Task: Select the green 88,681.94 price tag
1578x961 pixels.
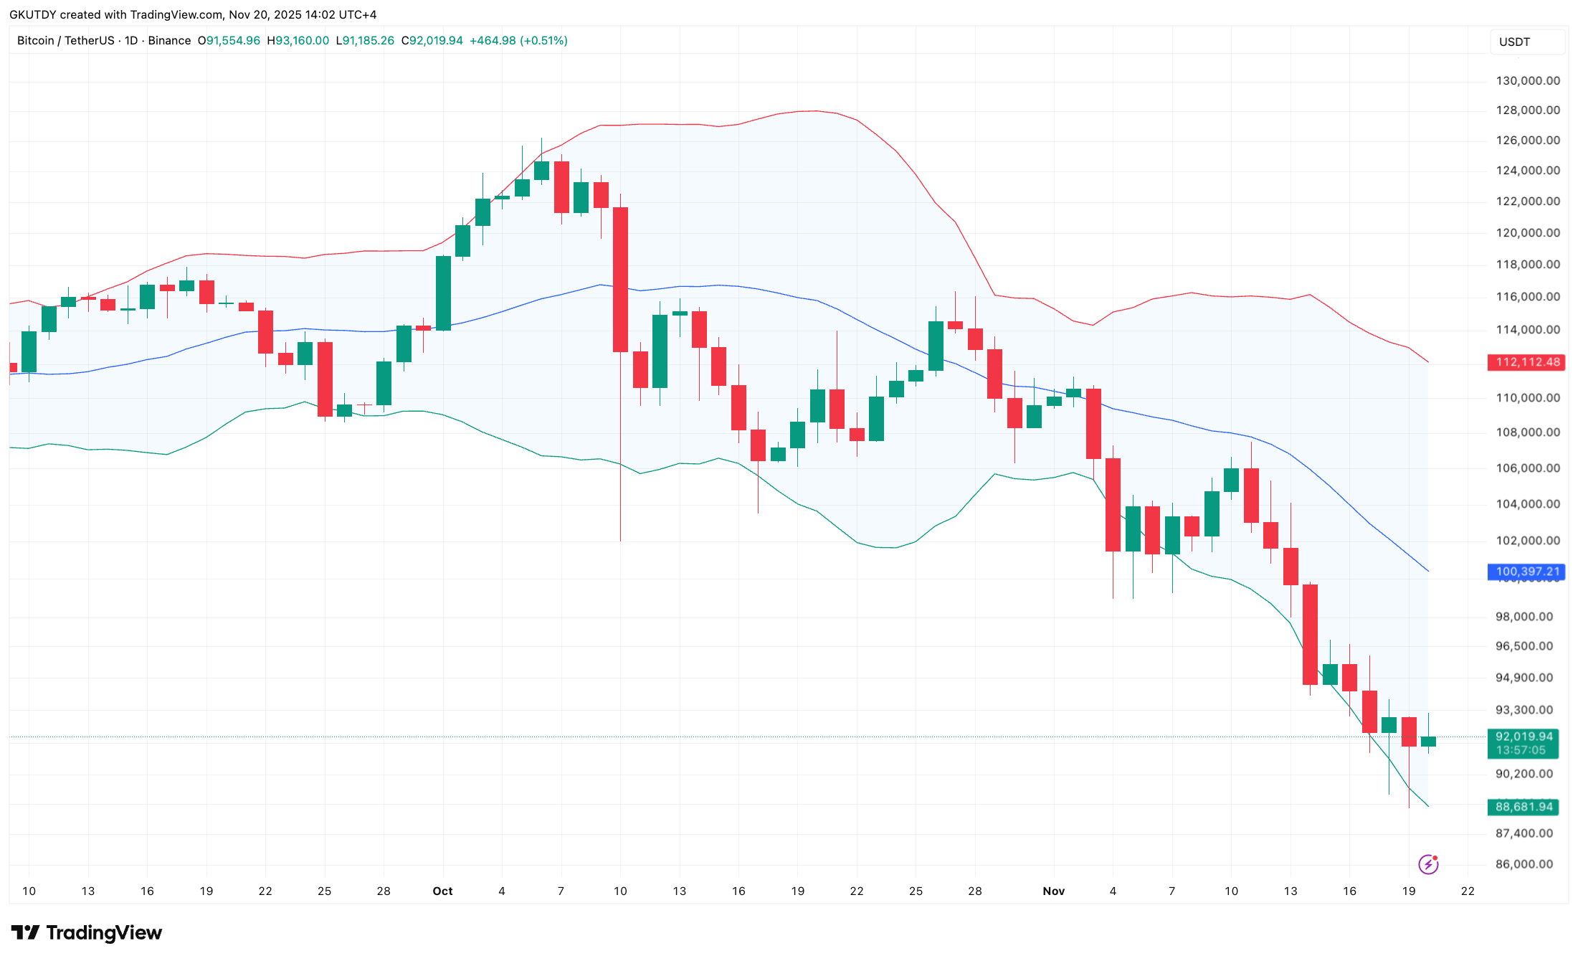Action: click(1523, 807)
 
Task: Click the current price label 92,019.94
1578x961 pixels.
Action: click(1523, 737)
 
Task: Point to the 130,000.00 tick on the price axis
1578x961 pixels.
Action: click(1527, 81)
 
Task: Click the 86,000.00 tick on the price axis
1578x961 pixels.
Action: click(1524, 864)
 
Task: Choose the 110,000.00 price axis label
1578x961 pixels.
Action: click(1527, 398)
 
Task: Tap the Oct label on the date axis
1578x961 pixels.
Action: click(442, 891)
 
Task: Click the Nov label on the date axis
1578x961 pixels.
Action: click(1053, 891)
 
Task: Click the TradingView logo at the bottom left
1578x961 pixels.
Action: click(87, 932)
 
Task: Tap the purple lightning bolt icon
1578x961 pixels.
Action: click(1428, 864)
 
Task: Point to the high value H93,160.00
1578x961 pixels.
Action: click(298, 41)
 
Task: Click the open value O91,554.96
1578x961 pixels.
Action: click(229, 41)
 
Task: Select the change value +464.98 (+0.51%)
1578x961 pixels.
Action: click(518, 41)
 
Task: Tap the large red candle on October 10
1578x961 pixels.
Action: click(620, 280)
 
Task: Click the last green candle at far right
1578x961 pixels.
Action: click(1428, 742)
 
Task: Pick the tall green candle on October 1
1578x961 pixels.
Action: click(443, 293)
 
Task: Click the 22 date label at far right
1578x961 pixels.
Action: click(1468, 891)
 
